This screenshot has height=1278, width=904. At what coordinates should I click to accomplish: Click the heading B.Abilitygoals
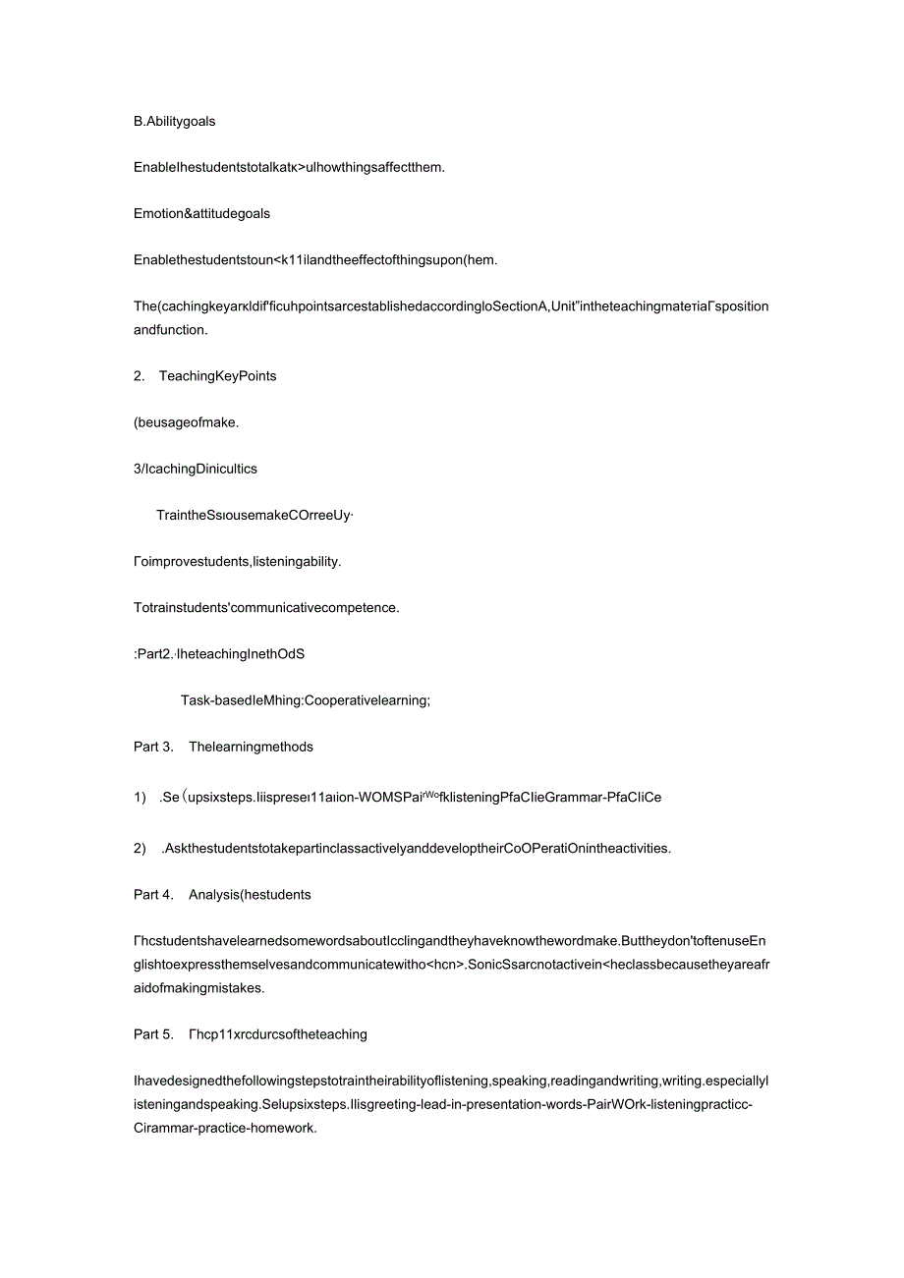click(x=174, y=122)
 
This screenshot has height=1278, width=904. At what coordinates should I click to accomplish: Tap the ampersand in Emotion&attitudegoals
click(x=191, y=213)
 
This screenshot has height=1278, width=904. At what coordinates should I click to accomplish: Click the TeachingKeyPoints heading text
click(x=217, y=376)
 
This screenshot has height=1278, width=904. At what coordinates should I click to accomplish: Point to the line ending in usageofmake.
click(x=186, y=422)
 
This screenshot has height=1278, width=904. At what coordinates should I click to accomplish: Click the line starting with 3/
click(x=195, y=469)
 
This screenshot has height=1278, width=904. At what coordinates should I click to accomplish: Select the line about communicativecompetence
click(x=266, y=607)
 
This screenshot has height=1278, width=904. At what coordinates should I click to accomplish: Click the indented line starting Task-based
click(x=306, y=700)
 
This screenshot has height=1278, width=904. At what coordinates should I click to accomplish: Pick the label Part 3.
click(x=153, y=747)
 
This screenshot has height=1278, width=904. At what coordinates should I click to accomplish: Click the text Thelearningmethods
click(x=251, y=747)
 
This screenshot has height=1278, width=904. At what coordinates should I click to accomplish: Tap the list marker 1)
click(x=140, y=798)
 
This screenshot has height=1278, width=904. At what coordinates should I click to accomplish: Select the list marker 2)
click(x=140, y=849)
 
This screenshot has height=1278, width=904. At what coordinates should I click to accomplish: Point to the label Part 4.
click(x=153, y=895)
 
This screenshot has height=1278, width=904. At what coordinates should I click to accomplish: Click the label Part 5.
click(x=153, y=1034)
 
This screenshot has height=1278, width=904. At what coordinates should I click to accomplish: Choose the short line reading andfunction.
click(x=170, y=330)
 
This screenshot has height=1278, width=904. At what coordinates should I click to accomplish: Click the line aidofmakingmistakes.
click(x=198, y=988)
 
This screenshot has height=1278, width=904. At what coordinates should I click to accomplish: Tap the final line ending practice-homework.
click(x=225, y=1129)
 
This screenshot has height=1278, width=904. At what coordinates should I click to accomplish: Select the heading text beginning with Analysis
click(x=250, y=895)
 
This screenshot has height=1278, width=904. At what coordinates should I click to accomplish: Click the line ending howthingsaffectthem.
click(x=289, y=167)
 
